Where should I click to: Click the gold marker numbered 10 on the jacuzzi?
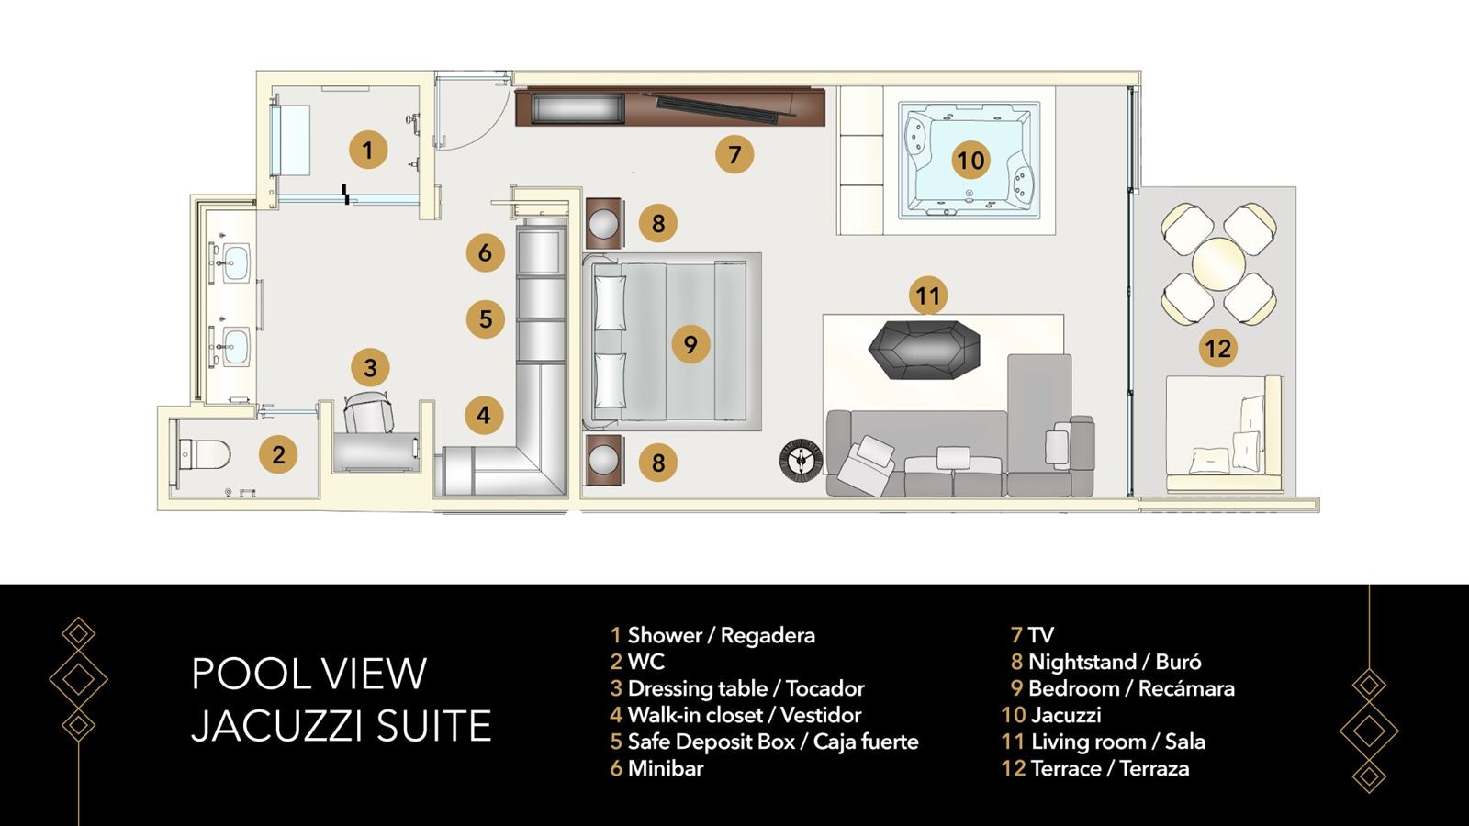click(x=970, y=160)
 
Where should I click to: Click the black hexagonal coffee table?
click(x=924, y=350)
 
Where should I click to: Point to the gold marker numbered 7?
click(x=734, y=154)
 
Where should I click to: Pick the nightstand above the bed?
click(x=605, y=223)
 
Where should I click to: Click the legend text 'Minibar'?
click(x=665, y=768)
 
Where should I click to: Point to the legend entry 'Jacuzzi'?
click(x=1065, y=715)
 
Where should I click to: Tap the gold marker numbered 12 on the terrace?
click(x=1217, y=348)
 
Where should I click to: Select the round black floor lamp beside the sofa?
click(x=801, y=459)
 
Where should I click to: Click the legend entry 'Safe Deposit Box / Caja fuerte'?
click(x=772, y=742)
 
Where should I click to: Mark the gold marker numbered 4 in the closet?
click(x=484, y=415)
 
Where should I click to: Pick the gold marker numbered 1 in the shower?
click(x=368, y=149)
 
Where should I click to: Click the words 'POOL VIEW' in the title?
click(x=308, y=674)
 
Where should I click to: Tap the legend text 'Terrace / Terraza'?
click(x=1109, y=768)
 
